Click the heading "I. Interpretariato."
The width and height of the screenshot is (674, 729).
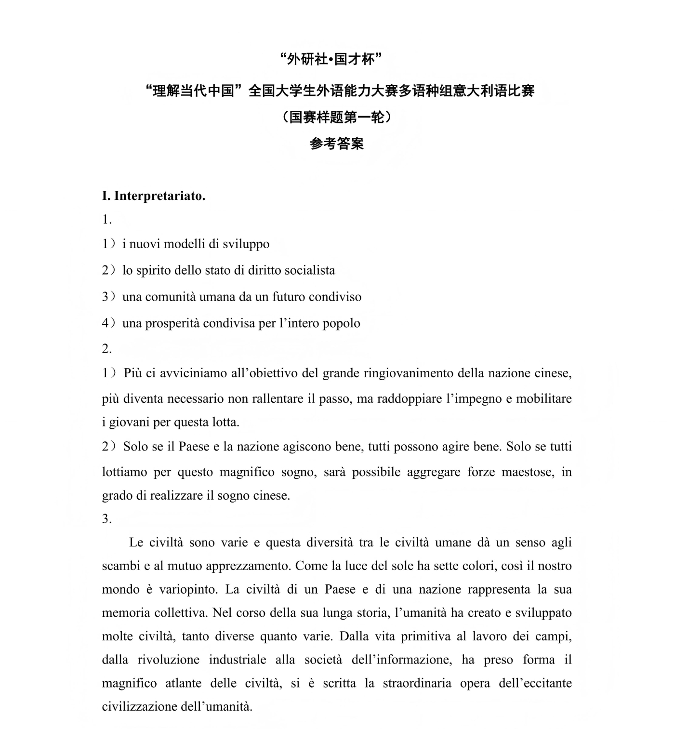(x=154, y=196)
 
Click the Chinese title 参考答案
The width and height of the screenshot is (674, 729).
(x=337, y=144)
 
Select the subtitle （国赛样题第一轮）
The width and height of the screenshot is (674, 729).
(x=337, y=117)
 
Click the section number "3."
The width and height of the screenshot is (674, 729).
(x=106, y=519)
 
